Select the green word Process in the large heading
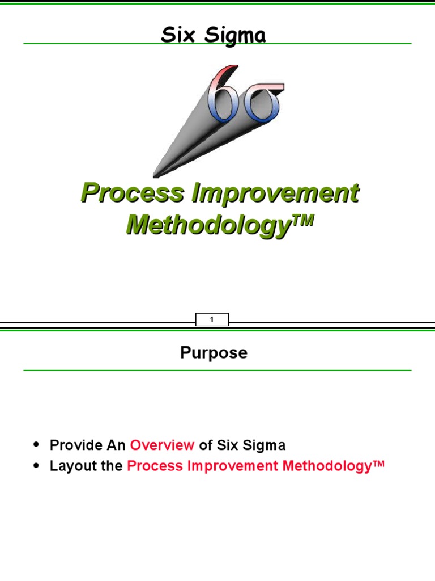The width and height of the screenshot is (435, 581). point(133,193)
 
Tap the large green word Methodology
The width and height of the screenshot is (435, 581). point(203,225)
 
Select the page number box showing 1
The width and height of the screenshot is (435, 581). point(212,320)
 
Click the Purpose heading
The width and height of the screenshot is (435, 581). point(214,353)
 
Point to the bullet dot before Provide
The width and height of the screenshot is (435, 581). point(37,445)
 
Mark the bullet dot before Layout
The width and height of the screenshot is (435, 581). point(37,466)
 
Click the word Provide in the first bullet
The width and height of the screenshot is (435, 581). point(74,445)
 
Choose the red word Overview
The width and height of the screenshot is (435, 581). point(162,445)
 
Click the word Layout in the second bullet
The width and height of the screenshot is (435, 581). point(70,466)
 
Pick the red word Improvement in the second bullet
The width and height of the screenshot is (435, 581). point(233,466)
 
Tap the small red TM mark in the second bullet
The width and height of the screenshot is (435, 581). point(378,463)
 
